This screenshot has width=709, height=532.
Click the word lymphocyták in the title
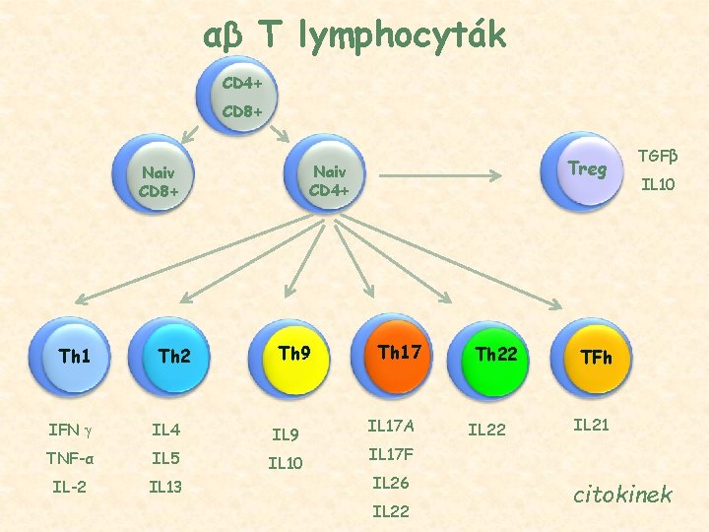pos(407,35)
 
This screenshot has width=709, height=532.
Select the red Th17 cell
pos(398,352)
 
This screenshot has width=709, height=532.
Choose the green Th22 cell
pos(495,354)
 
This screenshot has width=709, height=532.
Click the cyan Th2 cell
pos(174,356)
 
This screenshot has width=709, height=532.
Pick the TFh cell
pos(596,357)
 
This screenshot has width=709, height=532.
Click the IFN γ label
pos(69,430)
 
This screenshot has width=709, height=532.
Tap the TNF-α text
pos(70,458)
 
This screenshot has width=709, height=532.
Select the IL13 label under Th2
pos(165,486)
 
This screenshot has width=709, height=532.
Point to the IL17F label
pos(391,455)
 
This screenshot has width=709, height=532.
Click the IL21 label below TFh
pos(592,425)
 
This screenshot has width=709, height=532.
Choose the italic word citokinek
pos(622,494)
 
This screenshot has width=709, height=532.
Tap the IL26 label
pos(391,484)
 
